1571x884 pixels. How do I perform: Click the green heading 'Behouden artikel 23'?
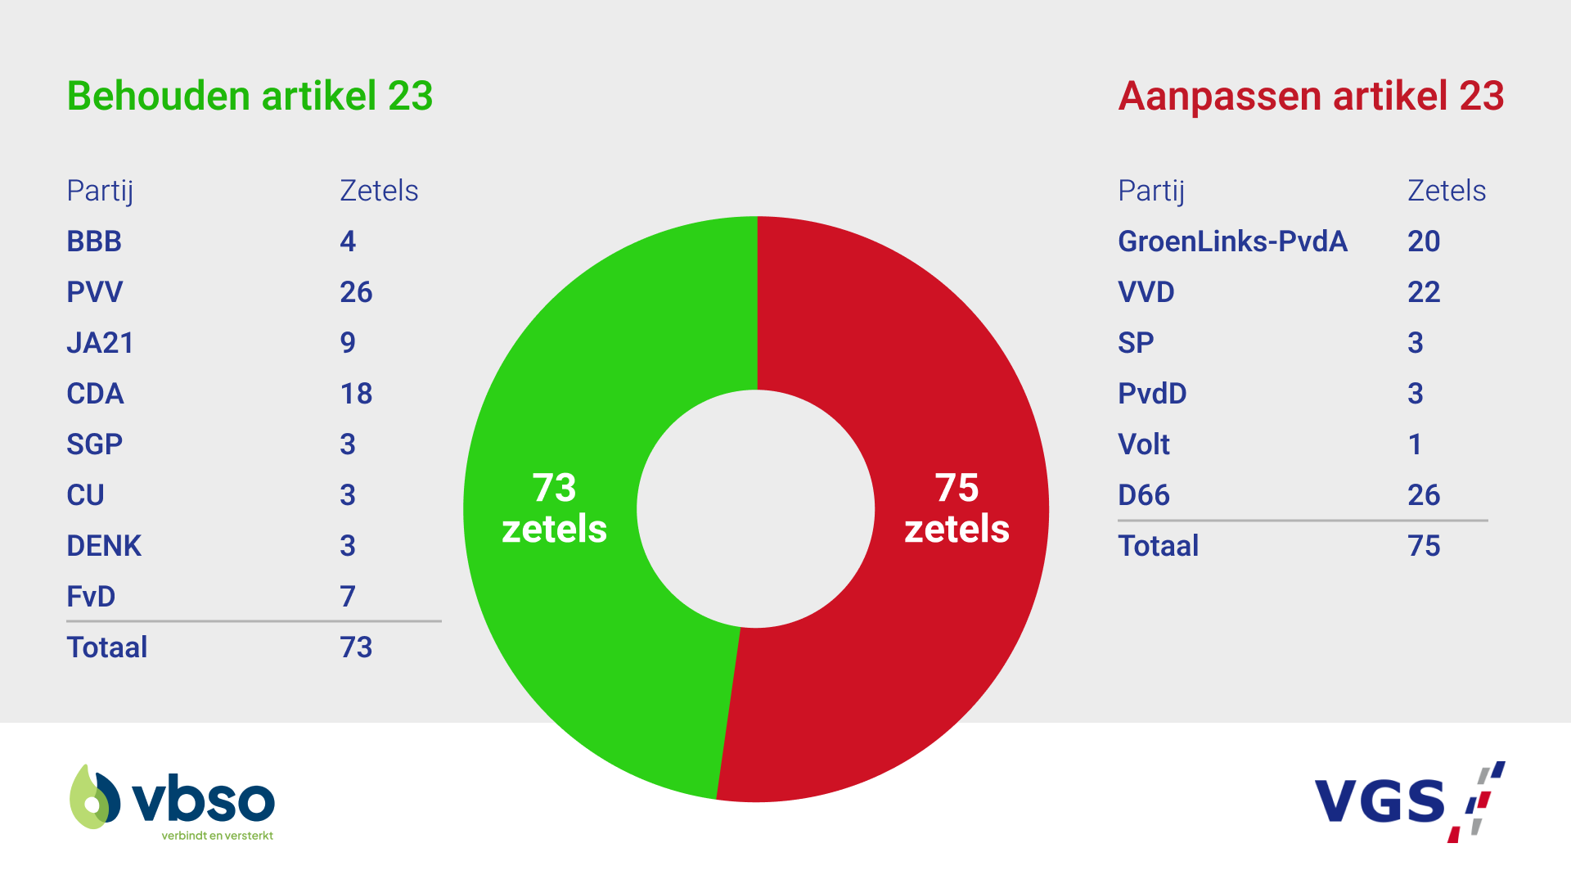[250, 96]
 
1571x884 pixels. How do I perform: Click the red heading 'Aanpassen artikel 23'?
[1311, 96]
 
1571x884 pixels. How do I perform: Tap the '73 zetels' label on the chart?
[555, 508]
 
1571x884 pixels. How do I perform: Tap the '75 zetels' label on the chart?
[957, 508]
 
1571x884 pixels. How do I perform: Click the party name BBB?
[94, 241]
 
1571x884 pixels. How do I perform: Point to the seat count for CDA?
[356, 394]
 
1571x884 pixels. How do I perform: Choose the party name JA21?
[100, 343]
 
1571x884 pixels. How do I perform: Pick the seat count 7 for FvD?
[348, 597]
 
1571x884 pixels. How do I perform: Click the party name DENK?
[104, 546]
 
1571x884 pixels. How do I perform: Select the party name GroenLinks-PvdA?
[1232, 241]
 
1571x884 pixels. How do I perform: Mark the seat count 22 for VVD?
[1424, 292]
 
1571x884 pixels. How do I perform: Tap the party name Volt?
[1144, 444]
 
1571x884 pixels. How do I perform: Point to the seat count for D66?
[1424, 495]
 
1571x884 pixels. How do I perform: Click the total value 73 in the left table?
[356, 647]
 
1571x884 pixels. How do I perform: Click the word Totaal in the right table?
[1158, 546]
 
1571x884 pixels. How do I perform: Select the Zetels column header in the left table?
[379, 191]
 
